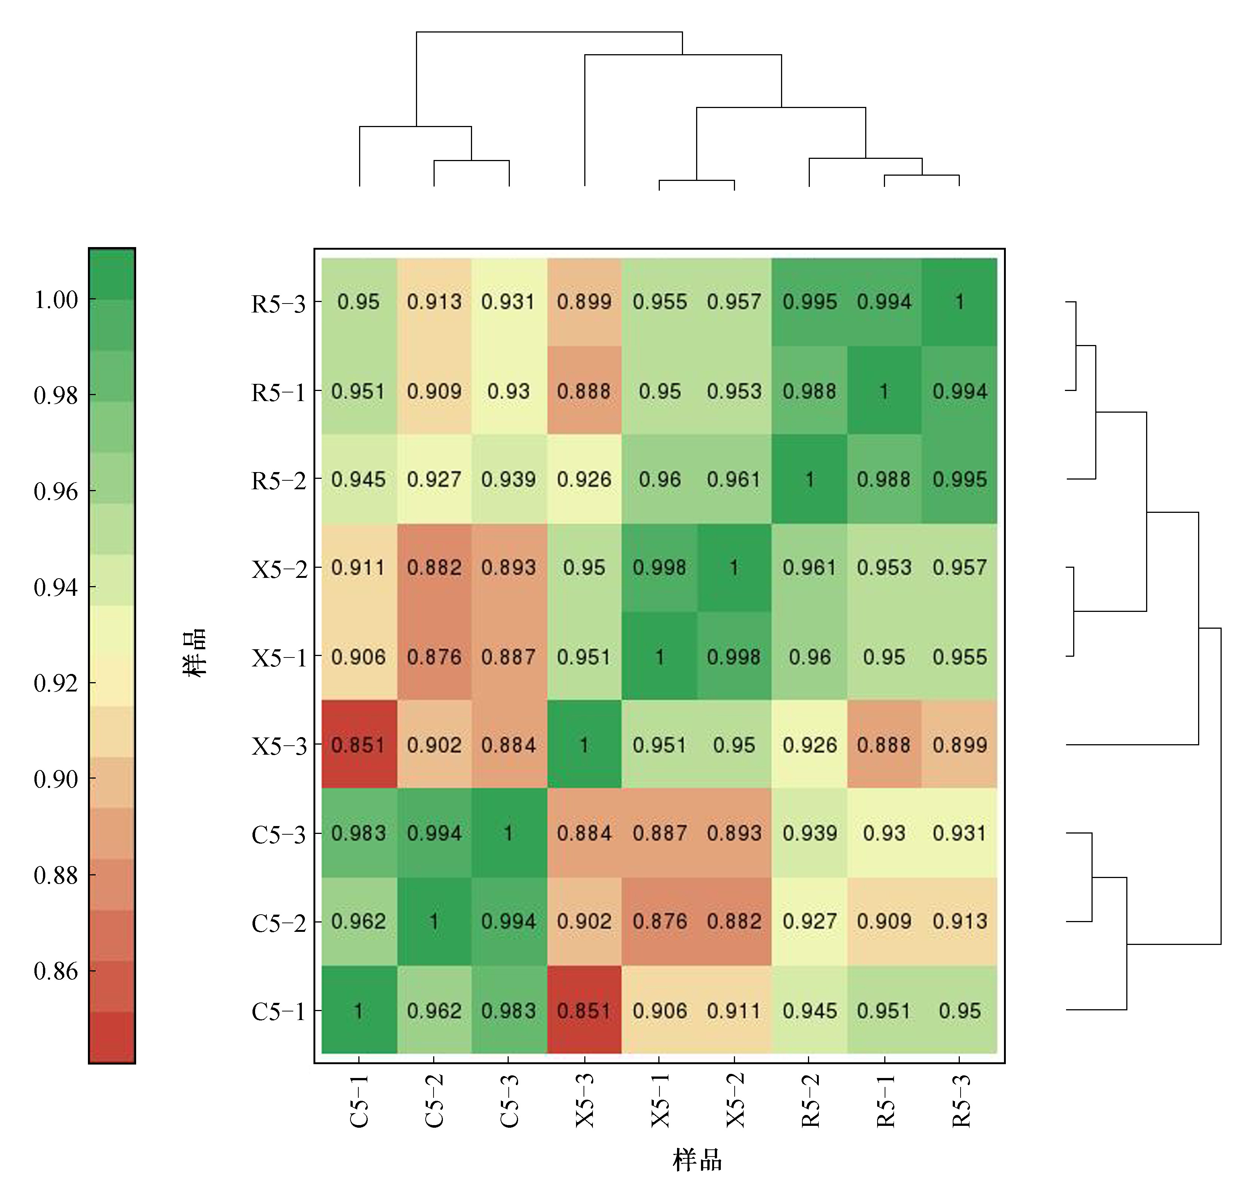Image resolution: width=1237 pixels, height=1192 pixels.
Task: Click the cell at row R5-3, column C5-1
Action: pyautogui.click(x=358, y=302)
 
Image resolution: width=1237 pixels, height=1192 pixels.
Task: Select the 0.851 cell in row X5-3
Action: pyautogui.click(x=358, y=745)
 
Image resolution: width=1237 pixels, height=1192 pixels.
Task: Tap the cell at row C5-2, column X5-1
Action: pyautogui.click(x=659, y=921)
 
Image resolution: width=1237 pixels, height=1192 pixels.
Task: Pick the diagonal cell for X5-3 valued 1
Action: pyautogui.click(x=584, y=745)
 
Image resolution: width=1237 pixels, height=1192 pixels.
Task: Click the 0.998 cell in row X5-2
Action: pyautogui.click(x=659, y=568)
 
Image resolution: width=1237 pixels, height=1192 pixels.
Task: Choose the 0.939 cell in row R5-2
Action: pyautogui.click(x=509, y=479)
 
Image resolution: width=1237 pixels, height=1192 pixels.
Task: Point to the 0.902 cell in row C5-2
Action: pyautogui.click(x=584, y=921)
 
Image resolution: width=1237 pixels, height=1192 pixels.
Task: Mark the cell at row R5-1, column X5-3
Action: pyautogui.click(x=584, y=391)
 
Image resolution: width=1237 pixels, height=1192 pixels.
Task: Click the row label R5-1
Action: pyautogui.click(x=278, y=392)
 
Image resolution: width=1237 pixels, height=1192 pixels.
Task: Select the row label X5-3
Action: pyautogui.click(x=278, y=746)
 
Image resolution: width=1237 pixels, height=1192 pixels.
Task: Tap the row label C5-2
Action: pyautogui.click(x=278, y=923)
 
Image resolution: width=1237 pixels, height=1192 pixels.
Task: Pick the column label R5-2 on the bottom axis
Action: pyautogui.click(x=810, y=1100)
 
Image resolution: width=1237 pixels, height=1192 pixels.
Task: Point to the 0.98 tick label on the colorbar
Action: pyautogui.click(x=55, y=395)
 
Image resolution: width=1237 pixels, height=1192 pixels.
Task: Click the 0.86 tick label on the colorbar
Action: pyautogui.click(x=55, y=971)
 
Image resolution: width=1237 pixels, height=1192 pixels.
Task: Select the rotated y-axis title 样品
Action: pyautogui.click(x=195, y=652)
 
